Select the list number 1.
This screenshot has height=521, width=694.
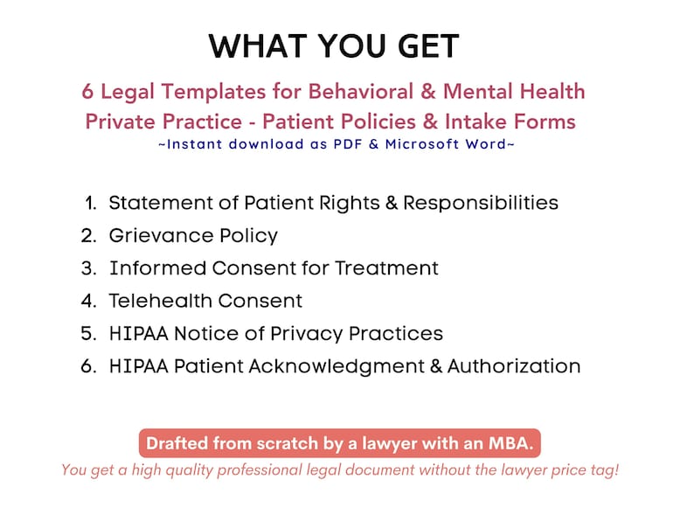(x=91, y=203)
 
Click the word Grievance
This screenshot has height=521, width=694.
(x=154, y=235)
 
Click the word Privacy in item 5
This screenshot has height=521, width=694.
(x=308, y=333)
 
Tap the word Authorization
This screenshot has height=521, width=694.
(x=514, y=366)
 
